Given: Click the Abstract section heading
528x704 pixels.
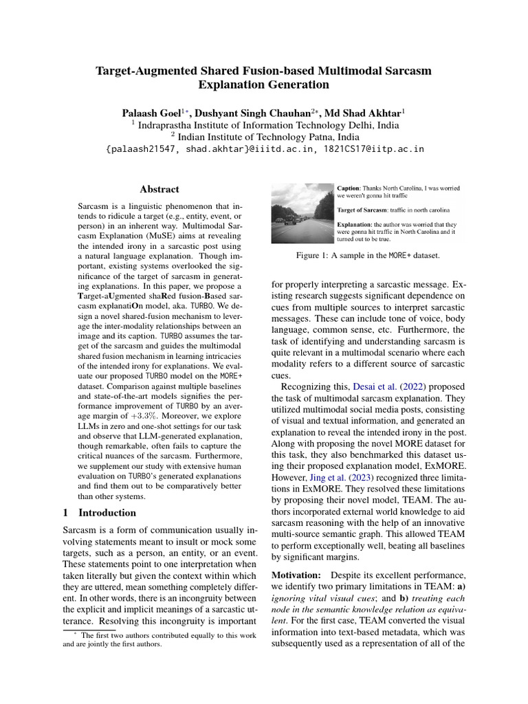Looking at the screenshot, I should tap(159, 189).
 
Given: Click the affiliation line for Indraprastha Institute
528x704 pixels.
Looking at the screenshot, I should tap(264, 125).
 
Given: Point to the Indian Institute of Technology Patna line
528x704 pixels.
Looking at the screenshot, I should tap(264, 137).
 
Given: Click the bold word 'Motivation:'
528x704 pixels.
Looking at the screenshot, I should tap(296, 575).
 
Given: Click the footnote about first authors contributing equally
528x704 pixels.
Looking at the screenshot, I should tap(159, 639).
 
